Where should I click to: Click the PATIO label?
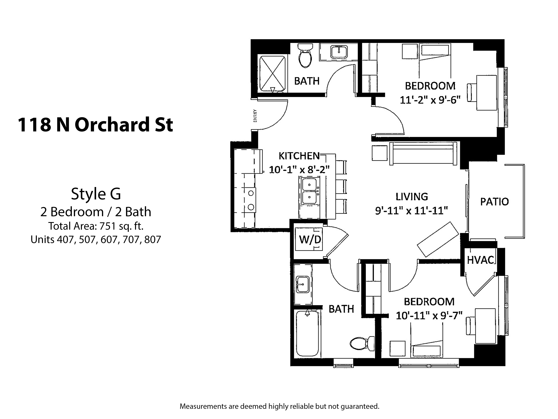pos(494,202)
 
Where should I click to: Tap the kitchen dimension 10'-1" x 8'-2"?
pos(299,169)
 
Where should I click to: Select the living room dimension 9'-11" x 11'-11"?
pos(411,210)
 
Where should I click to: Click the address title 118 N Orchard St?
pos(95,125)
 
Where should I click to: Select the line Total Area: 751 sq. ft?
pos(96,226)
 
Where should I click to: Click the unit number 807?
pos(153,239)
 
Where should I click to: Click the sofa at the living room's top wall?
pos(423,153)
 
